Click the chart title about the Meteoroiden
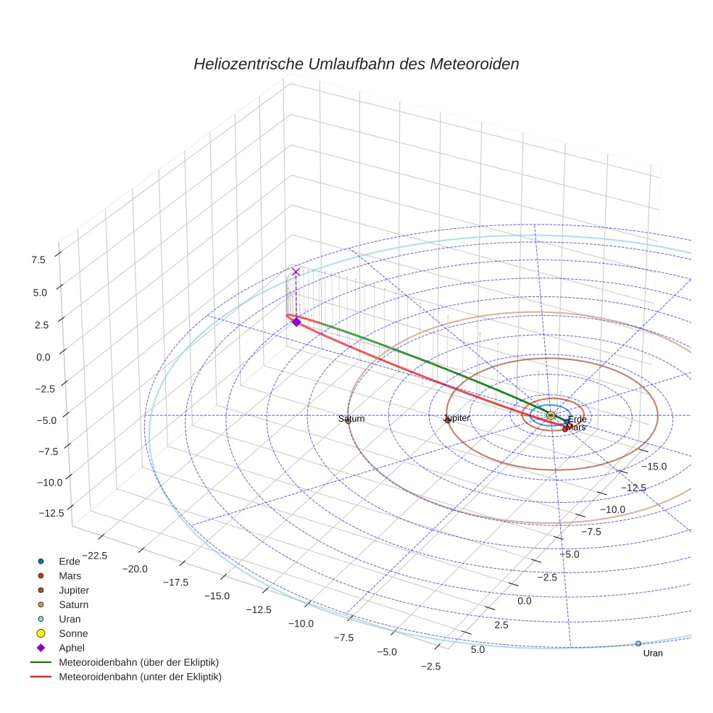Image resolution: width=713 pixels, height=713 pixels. (356, 64)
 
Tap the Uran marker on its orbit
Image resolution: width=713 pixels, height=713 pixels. (638, 643)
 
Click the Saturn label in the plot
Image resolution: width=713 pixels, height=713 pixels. (351, 419)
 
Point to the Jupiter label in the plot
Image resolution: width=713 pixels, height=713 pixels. (456, 418)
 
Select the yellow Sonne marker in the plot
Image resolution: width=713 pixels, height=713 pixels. (551, 415)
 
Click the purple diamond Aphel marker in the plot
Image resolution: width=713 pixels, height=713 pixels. (296, 322)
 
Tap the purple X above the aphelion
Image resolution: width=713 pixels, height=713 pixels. (296, 272)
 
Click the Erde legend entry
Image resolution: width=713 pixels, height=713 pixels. (70, 562)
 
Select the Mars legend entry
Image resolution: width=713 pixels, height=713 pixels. (70, 576)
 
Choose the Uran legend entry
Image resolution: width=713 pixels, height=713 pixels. (70, 620)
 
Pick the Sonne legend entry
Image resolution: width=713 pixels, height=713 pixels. (73, 634)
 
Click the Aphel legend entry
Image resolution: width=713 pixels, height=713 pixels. (71, 649)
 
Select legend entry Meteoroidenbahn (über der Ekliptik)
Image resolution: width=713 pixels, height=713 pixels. (138, 663)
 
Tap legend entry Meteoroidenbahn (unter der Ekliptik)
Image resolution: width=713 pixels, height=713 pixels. (140, 677)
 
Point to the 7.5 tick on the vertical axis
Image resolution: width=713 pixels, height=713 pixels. (38, 259)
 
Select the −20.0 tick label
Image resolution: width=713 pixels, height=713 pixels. (135, 569)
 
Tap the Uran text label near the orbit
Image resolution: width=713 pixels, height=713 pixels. (653, 654)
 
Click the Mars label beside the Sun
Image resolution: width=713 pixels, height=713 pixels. (576, 428)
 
